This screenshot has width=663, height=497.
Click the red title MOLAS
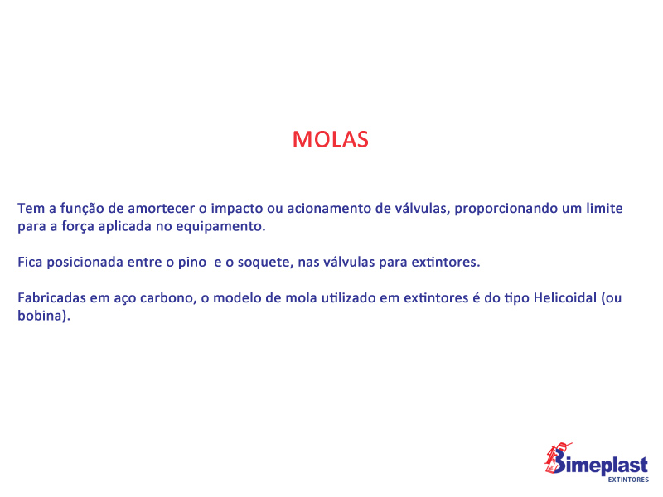pyautogui.click(x=331, y=139)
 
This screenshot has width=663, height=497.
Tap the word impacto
pyautogui.click(x=237, y=209)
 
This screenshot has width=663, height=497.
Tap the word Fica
pyautogui.click(x=30, y=262)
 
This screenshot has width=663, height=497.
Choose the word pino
pyautogui.click(x=192, y=263)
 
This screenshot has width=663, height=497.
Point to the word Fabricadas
pyautogui.click(x=51, y=298)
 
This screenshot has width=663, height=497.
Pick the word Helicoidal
pyautogui.click(x=565, y=298)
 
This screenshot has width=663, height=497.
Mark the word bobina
pyautogui.click(x=41, y=316)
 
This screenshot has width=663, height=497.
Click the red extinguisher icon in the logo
pyautogui.click(x=555, y=457)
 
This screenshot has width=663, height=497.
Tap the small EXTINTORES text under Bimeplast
pyautogui.click(x=628, y=480)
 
